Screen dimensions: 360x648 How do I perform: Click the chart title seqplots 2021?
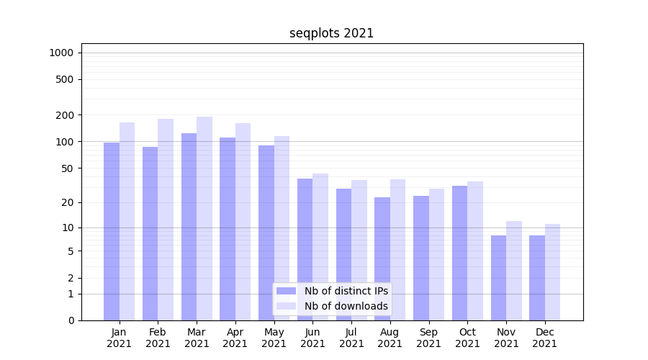[x=331, y=33]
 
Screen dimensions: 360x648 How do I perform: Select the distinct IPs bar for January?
[x=112, y=230]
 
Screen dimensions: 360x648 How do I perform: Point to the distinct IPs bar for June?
[x=305, y=249]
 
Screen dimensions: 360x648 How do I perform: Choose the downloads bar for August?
[x=397, y=249]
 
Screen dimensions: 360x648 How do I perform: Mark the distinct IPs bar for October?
[x=459, y=253]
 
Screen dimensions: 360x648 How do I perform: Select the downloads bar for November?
[x=514, y=271]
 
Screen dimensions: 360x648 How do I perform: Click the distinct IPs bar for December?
[x=537, y=278]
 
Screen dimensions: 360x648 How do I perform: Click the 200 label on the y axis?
[x=66, y=115]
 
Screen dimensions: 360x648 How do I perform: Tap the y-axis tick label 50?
[x=68, y=168]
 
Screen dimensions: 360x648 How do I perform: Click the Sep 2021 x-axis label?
[x=428, y=338]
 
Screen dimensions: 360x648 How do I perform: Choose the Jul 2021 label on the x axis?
[x=351, y=338]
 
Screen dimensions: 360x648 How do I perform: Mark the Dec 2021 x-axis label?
[x=544, y=338]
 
